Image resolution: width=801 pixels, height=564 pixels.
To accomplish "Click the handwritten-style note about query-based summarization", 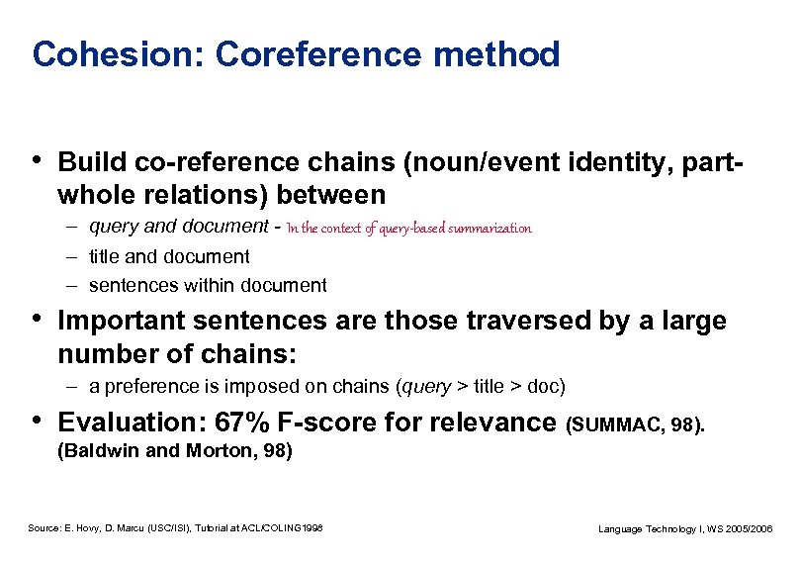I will pyautogui.click(x=408, y=229).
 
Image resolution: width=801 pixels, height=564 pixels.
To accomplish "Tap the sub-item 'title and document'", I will pyautogui.click(x=169, y=256).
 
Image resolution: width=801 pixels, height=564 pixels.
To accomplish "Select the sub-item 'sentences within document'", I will pyautogui.click(x=208, y=286).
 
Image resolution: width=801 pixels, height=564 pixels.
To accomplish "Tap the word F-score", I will pyautogui.click(x=319, y=423).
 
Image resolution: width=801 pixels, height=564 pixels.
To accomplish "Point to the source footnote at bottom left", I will pyautogui.click(x=175, y=528).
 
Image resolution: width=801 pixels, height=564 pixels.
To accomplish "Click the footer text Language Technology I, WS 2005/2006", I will pyautogui.click(x=686, y=529).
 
